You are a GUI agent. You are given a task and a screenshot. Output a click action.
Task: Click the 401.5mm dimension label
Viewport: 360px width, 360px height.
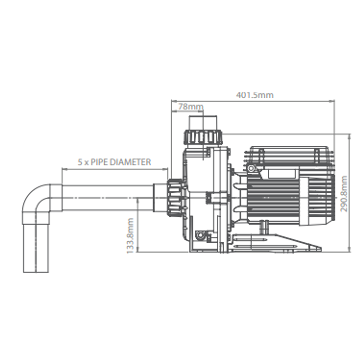(255, 95)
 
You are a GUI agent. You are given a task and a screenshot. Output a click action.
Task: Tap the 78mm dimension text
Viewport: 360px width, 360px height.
(190, 107)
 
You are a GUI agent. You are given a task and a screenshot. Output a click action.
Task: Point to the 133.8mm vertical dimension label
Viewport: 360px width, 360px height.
(130, 235)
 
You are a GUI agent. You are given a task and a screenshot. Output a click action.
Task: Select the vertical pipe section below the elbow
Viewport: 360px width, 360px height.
(36, 247)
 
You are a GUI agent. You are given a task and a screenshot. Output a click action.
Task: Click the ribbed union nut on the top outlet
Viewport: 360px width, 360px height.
(202, 137)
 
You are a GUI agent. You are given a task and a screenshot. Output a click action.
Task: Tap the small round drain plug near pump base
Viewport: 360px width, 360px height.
(200, 235)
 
